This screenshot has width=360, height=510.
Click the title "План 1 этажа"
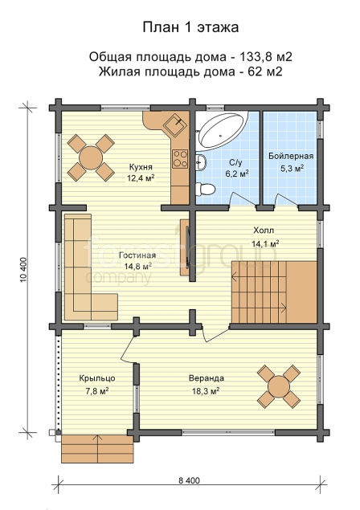(x=190, y=27)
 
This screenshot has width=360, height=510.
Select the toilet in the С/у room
(x=206, y=189)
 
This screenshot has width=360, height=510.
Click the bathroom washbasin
(x=201, y=161)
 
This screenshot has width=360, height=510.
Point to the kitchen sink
(x=175, y=124)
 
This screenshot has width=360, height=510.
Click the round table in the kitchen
(x=91, y=157)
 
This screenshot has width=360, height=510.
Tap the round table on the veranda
(x=279, y=387)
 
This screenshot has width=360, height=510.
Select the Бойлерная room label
(x=291, y=157)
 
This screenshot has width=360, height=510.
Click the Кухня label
(x=141, y=167)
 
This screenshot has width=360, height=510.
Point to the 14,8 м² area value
(x=138, y=267)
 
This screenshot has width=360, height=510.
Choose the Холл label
(x=264, y=231)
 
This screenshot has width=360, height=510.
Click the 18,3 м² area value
(x=206, y=391)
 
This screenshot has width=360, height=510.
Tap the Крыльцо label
(x=97, y=378)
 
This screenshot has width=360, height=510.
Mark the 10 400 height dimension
(x=26, y=270)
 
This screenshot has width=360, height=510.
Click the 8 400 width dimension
(x=189, y=480)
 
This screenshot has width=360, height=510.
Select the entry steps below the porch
(x=97, y=448)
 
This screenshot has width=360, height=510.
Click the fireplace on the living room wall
(x=186, y=247)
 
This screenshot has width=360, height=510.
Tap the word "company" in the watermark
(x=119, y=277)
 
